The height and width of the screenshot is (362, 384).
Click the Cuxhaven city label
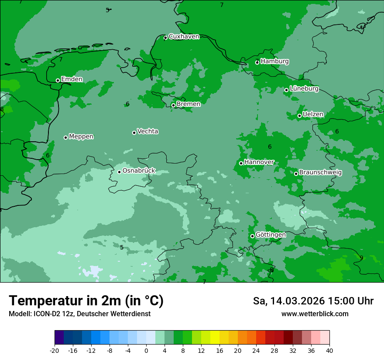pyautogui.click(x=184, y=37)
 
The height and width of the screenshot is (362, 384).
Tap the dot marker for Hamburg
pyautogui.click(x=257, y=62)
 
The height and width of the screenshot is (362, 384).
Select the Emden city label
pyautogui.click(x=72, y=79)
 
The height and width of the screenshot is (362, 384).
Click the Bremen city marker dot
pyautogui.click(x=173, y=105)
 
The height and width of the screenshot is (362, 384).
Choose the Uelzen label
pyautogui.click(x=313, y=114)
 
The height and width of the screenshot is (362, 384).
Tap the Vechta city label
pyautogui.click(x=147, y=131)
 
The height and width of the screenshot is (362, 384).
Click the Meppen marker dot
pyautogui.click(x=65, y=137)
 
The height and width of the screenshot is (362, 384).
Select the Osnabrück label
pyautogui.click(x=139, y=171)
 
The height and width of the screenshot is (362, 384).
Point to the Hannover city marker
pyautogui.click(x=241, y=163)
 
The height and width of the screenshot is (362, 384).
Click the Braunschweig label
pyautogui.click(x=320, y=173)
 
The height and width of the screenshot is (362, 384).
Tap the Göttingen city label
pyautogui.click(x=271, y=235)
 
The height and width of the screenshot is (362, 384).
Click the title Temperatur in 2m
pyautogui.click(x=86, y=301)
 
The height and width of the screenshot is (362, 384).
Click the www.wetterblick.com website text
pyautogui.click(x=315, y=314)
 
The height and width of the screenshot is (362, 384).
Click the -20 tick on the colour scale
pyautogui.click(x=55, y=350)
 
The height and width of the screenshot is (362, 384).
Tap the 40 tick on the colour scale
pyautogui.click(x=329, y=350)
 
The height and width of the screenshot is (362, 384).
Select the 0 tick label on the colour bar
pyautogui.click(x=146, y=350)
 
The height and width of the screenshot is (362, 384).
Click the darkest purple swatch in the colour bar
pyautogui.click(x=59, y=338)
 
